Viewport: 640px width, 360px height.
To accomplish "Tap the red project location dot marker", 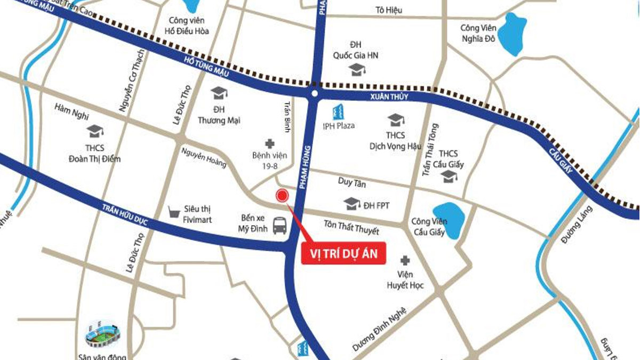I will click(x=282, y=196).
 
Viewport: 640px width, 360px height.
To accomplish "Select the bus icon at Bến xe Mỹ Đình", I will click(x=279, y=226).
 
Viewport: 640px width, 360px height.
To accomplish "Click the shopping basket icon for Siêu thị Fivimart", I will click(x=173, y=212).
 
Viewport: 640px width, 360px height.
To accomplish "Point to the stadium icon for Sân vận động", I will click(x=102, y=333).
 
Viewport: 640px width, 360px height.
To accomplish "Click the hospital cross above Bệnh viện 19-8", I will click(x=270, y=143).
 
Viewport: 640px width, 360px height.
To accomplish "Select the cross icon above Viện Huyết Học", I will click(x=405, y=260).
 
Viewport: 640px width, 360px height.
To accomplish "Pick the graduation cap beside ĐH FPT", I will click(x=351, y=204).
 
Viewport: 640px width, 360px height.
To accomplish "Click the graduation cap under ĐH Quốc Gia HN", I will click(x=356, y=69).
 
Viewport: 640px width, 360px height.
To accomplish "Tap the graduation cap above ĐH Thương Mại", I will click(x=219, y=93).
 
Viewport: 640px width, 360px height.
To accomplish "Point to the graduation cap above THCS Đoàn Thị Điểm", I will click(x=94, y=131).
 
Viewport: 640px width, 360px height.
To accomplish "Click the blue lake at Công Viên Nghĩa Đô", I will click(x=511, y=34).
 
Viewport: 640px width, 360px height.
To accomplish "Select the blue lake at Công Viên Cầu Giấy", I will click(x=449, y=220).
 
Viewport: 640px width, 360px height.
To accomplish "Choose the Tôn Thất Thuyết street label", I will click(x=351, y=228).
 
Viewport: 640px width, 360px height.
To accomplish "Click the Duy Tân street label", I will click(x=352, y=183).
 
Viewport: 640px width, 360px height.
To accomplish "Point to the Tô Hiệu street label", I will click(x=389, y=10).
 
